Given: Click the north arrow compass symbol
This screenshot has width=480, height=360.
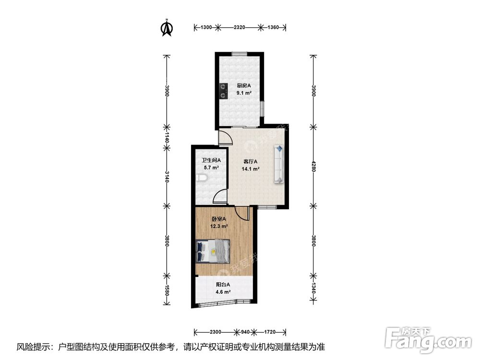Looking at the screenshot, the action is pos(167,28).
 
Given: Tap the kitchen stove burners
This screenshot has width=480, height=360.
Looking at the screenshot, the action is pos(224,91).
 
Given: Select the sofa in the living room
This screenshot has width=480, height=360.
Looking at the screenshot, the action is pos(279,164).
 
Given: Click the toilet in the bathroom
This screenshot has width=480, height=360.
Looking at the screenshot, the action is pos(202,178).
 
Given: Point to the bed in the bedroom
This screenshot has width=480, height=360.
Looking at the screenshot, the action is pos(213,251).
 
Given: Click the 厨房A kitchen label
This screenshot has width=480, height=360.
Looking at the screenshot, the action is pos(244,86).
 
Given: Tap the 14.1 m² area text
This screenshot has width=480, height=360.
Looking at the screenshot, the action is pos(251,168).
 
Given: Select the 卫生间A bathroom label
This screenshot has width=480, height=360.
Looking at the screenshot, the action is pos(211,160).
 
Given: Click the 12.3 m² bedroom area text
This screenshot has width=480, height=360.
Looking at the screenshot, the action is pos(219,227).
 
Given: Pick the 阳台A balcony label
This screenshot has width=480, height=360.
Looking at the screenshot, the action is pos(223,284).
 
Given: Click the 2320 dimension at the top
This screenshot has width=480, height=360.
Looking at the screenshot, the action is pos(239,27).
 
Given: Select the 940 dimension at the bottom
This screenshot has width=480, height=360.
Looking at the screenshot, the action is pos(245,332).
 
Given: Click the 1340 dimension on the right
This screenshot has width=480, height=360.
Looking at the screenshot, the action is pos(313,288).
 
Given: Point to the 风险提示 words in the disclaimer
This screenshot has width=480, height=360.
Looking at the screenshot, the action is pos(30,347).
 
